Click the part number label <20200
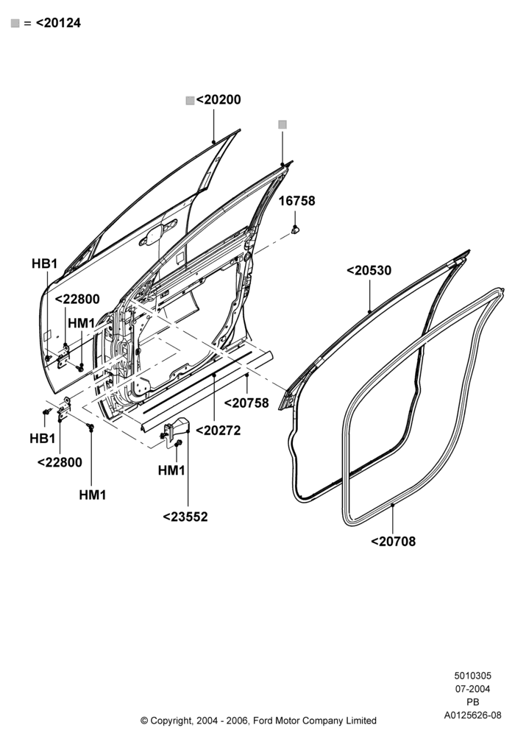tap(219, 100)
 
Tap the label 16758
tap(297, 201)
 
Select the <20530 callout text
tap(369, 270)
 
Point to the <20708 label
tap(393, 541)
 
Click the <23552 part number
tap(185, 517)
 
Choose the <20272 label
tap(218, 431)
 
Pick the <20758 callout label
tap(246, 403)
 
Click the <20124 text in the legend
tap(58, 23)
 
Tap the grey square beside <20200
tap(190, 100)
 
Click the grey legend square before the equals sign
tap(15, 24)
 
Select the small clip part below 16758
tap(296, 230)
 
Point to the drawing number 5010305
tap(472, 676)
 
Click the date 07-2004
tap(472, 689)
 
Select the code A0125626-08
tap(472, 715)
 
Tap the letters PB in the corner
tap(473, 702)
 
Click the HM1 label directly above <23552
tap(171, 470)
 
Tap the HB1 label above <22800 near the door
tap(45, 263)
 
